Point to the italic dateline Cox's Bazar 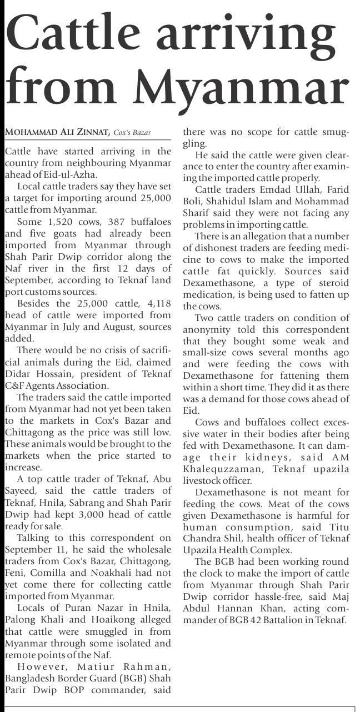click(x=132, y=133)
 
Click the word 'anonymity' click(x=209, y=329)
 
